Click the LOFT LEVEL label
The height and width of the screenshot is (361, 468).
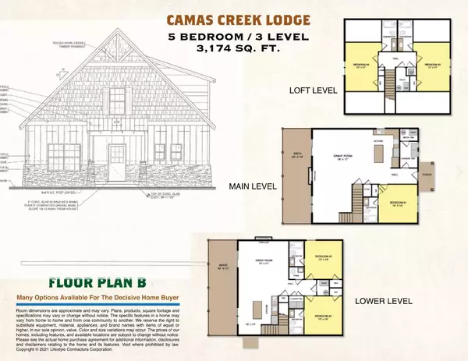pyautogui.click(x=313, y=90)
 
